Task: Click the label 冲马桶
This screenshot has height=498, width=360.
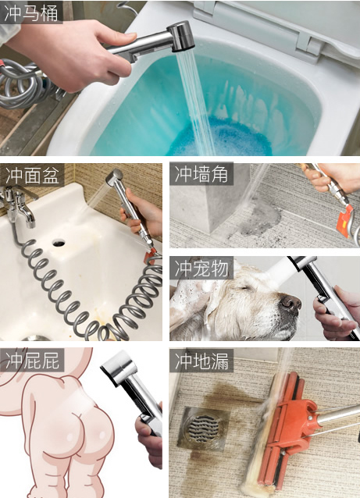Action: point(31,13)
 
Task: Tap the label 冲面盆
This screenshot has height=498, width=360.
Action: point(33,175)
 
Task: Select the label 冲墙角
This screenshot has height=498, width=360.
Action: point(201,174)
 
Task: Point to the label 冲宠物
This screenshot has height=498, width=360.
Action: point(201,268)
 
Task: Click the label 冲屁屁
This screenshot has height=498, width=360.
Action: point(33,360)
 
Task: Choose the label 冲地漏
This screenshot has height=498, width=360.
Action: point(201,361)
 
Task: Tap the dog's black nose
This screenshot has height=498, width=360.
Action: point(290,303)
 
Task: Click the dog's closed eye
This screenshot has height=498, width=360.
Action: point(245,288)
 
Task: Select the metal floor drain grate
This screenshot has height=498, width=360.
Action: point(204,428)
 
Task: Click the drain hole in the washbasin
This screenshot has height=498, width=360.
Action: point(59,244)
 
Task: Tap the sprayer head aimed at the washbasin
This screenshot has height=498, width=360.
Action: point(114,177)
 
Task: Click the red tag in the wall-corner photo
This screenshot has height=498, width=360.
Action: point(345,221)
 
